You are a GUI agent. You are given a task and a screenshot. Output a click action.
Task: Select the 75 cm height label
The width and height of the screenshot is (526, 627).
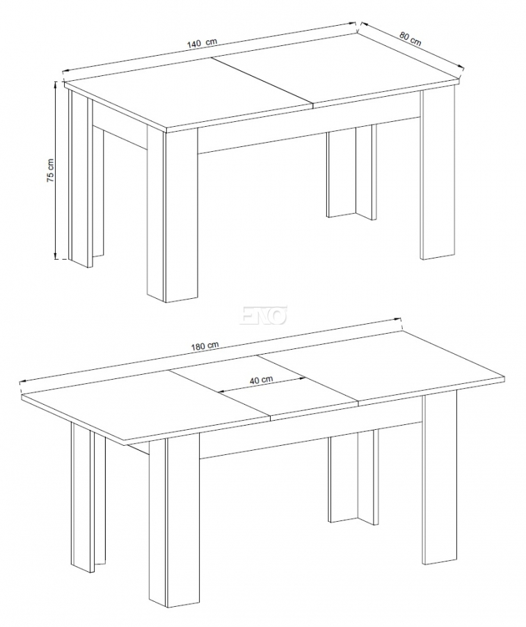(x=50, y=171)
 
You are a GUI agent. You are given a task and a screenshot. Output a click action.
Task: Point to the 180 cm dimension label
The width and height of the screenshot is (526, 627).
(x=205, y=346)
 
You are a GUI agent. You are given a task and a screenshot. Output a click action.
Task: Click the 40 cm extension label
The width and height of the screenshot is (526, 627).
(x=261, y=379)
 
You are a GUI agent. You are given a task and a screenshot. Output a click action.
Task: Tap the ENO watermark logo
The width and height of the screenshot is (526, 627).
(x=263, y=314)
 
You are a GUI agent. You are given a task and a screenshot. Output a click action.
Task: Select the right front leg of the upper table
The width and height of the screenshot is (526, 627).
(x=438, y=173)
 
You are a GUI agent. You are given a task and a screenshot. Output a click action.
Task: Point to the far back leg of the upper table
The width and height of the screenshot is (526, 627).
(x=351, y=172)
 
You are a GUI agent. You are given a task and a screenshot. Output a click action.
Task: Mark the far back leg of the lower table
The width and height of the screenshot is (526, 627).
(x=353, y=476)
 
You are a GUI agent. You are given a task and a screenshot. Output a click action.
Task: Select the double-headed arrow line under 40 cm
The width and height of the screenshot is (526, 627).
(x=261, y=385)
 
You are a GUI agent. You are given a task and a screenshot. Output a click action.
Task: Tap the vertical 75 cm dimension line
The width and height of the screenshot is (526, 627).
(x=56, y=170)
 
